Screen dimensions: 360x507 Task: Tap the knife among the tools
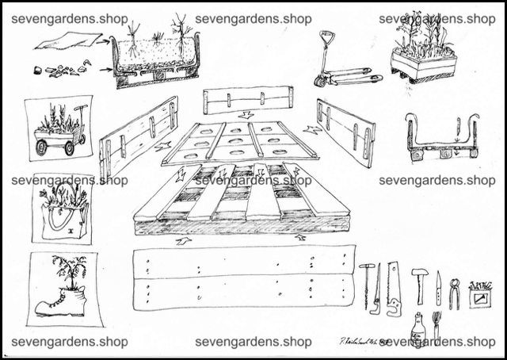coord(438,288)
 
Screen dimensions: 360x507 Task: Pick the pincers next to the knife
coord(456,287)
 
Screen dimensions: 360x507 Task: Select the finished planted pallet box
coord(425,52)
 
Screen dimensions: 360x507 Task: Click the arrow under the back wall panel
coord(247,116)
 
